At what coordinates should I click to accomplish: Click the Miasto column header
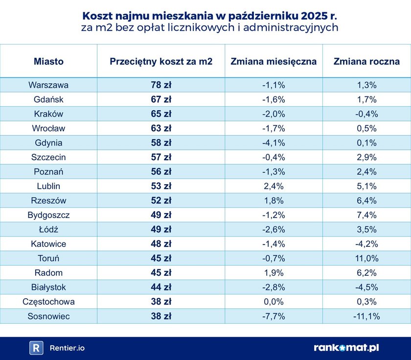[x=48, y=62]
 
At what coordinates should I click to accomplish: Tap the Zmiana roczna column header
[x=366, y=62]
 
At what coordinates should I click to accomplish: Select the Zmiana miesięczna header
[x=274, y=62]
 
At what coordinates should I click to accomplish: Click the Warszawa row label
[x=48, y=85]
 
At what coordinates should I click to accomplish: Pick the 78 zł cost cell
[x=161, y=85]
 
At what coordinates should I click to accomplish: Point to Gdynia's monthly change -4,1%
[x=274, y=143]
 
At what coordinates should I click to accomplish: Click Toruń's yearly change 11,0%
[x=366, y=258]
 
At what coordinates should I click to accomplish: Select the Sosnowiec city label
[x=48, y=316]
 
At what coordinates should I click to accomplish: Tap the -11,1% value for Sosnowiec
[x=366, y=316]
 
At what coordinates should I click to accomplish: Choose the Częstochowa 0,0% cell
[x=274, y=302]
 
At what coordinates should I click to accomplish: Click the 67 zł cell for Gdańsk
[x=161, y=99]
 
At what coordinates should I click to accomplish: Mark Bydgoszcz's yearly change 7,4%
[x=366, y=215]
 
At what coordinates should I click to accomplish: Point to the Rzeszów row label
[x=48, y=200]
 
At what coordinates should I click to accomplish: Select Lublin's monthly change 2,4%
[x=274, y=186]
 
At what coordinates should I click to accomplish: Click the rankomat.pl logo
[x=346, y=348]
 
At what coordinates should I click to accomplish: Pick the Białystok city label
[x=48, y=288]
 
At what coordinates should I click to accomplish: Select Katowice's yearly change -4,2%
[x=366, y=244]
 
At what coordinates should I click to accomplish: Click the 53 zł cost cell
[x=161, y=186]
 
